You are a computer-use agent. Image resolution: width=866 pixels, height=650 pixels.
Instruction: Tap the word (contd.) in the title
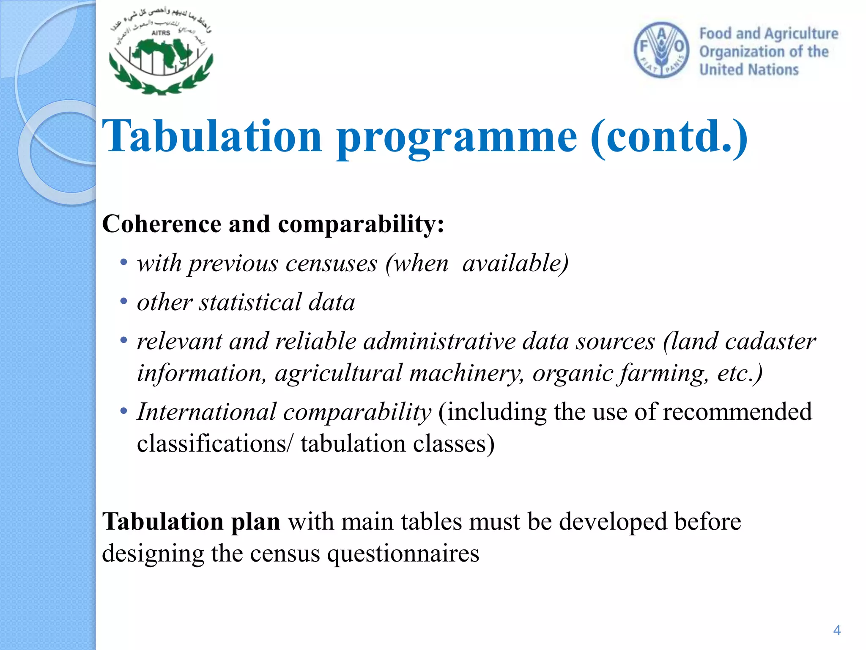[x=669, y=136]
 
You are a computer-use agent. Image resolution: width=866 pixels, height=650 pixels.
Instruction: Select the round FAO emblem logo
[x=661, y=50]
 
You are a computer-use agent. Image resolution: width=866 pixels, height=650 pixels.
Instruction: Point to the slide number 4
[x=836, y=630]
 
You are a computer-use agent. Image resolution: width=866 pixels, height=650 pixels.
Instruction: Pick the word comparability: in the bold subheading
[x=361, y=224]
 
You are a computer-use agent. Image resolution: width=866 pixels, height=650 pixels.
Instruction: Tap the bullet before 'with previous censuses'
[x=123, y=262]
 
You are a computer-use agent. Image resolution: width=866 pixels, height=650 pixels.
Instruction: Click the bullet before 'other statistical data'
[x=123, y=301]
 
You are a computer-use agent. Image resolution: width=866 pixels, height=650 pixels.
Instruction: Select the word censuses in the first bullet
[x=331, y=264]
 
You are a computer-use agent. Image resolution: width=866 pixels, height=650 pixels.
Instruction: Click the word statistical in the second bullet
[x=250, y=303]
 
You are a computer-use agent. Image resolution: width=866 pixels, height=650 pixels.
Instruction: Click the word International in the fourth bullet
[x=206, y=411]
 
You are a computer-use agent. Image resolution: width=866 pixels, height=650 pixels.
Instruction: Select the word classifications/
[x=214, y=444]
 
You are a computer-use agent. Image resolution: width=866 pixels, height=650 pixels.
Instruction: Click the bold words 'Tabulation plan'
[x=191, y=521]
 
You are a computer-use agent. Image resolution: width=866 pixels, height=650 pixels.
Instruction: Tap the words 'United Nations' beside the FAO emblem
[x=749, y=70]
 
